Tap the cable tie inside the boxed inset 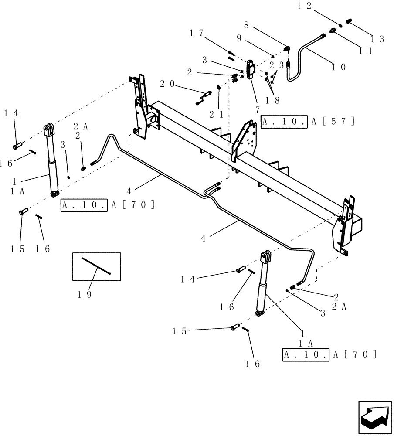coord(96,266)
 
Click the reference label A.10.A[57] coord(308,122)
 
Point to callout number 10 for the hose coord(338,67)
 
